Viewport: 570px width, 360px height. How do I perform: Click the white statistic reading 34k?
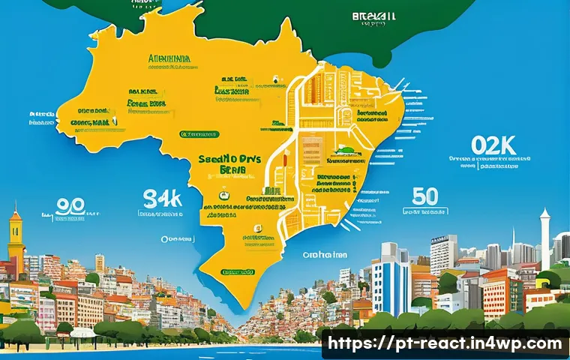click(162, 199)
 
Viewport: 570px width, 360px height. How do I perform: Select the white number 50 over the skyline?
click(425, 196)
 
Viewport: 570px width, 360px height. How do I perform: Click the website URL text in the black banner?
click(445, 343)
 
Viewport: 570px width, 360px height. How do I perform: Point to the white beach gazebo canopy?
click(82, 331)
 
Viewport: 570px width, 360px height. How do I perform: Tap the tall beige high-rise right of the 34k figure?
click(100, 264)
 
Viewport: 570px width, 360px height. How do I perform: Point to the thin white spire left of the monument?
click(514, 240)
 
